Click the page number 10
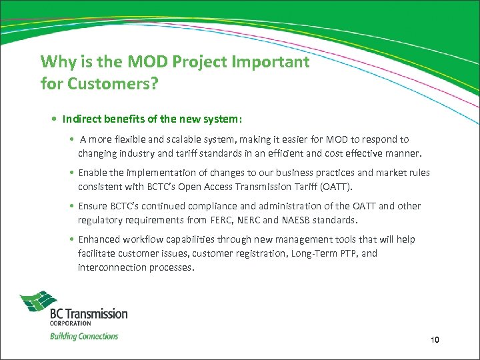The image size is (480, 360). tap(435, 341)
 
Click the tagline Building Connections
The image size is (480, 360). tap(84, 336)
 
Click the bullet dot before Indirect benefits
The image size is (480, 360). tap(53, 119)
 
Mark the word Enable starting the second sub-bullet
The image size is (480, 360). tap(92, 173)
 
